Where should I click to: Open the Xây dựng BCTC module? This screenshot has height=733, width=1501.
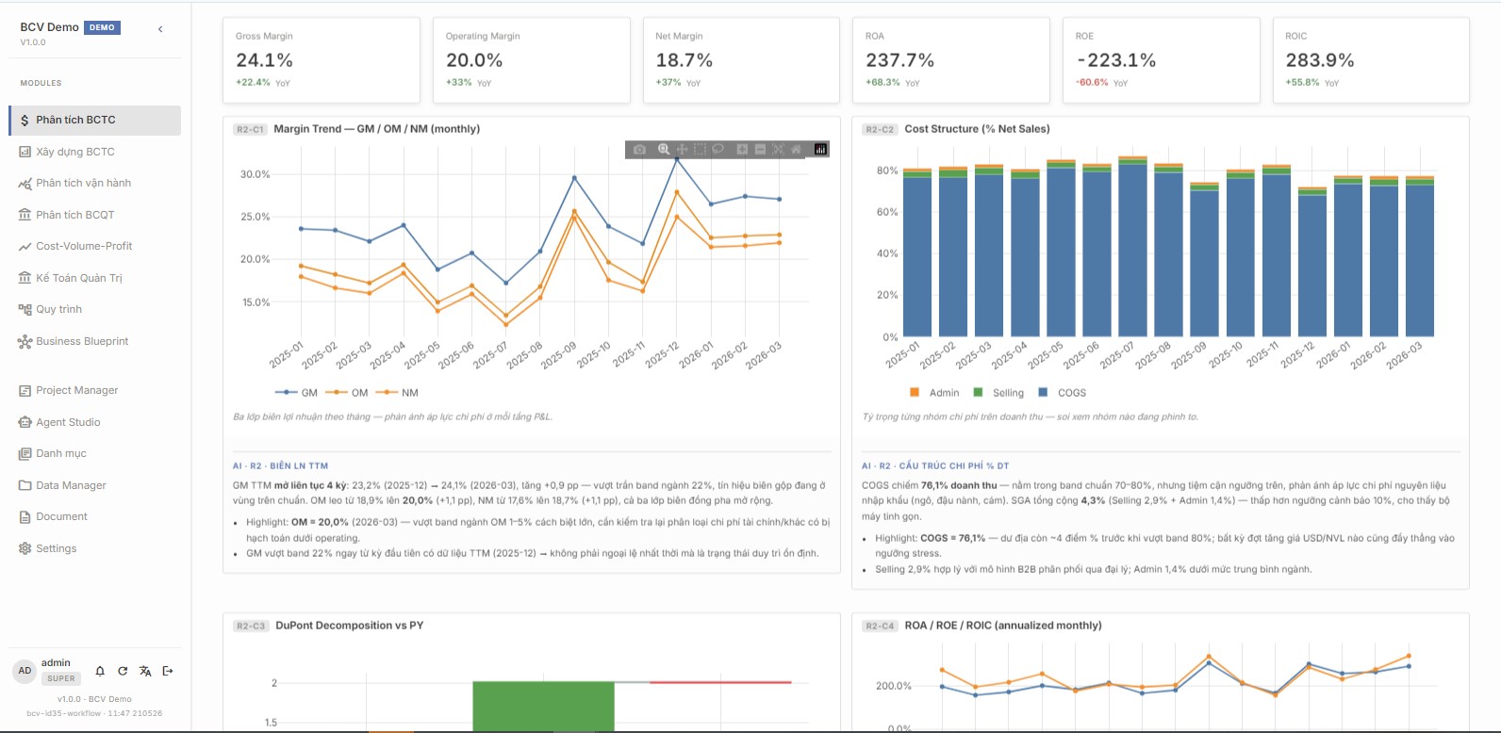point(75,152)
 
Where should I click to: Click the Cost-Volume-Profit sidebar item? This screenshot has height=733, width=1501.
point(84,246)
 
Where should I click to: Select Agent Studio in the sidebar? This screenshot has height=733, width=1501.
point(68,422)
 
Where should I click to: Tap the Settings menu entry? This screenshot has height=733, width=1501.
point(56,548)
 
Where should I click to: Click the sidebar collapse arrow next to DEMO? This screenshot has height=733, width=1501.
point(160,29)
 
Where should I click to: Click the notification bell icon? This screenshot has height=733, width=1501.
point(100,671)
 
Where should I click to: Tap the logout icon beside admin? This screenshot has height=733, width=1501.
point(168,671)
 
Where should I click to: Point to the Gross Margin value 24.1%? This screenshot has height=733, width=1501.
point(264,60)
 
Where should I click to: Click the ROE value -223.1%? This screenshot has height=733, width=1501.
point(1116,60)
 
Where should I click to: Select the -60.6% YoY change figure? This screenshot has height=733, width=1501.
point(1092,82)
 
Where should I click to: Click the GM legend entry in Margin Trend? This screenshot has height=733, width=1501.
point(296,392)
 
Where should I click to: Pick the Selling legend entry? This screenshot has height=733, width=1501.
point(998,392)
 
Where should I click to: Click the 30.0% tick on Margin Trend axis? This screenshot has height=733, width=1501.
point(255,174)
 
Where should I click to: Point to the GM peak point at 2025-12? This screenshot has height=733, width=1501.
point(677,159)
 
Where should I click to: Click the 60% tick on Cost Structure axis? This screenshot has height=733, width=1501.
point(887,212)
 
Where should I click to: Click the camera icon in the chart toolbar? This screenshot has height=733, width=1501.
point(639,149)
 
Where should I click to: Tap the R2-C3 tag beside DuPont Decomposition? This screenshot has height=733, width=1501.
point(250,626)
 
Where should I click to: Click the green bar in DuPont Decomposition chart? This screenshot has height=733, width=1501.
point(543,707)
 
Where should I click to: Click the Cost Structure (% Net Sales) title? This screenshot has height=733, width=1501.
point(977,128)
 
